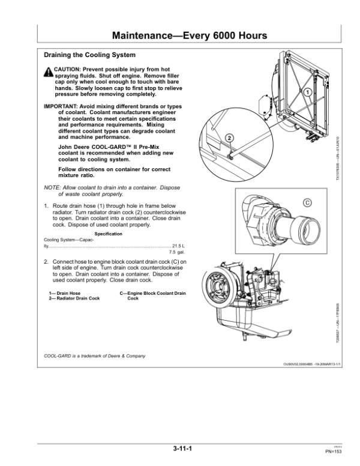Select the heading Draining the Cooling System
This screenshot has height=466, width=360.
coord(86,55)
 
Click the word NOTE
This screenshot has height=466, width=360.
coord(53,187)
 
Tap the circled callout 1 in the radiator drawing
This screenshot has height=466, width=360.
coord(307,92)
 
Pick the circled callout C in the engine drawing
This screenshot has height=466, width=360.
coord(307,202)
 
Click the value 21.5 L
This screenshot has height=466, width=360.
coord(178,246)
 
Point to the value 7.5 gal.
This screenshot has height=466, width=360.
coord(177,253)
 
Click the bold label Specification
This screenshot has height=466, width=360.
coord(109,234)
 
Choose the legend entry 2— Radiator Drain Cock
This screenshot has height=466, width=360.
coord(74,298)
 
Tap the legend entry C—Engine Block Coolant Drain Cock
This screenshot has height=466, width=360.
coord(153,295)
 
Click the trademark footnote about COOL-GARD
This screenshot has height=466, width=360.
coord(95,356)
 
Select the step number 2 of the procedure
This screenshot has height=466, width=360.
coord(47,262)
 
